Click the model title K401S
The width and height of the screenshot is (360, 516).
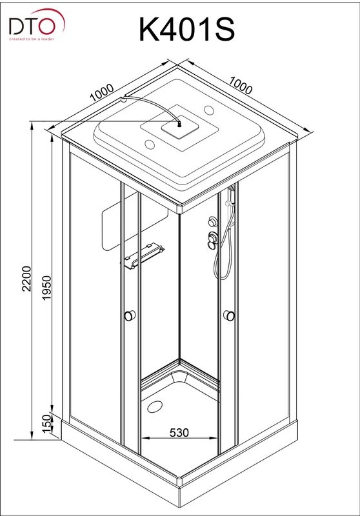coord(186,30)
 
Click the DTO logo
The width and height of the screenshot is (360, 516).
coord(37,25)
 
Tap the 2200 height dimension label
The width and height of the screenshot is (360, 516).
coord(26,279)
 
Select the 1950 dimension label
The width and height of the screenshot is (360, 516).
coord(46,287)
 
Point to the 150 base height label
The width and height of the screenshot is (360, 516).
coord(47,424)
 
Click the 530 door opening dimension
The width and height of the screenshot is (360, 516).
coord(179,432)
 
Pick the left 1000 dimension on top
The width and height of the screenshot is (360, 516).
coord(102,92)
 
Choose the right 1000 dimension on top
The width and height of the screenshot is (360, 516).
coord(241,85)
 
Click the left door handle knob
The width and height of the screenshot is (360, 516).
coord(130,315)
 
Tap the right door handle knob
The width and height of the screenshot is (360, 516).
coord(228,315)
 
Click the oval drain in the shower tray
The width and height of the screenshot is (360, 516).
coord(154,407)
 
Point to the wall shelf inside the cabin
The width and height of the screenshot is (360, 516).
coord(144,255)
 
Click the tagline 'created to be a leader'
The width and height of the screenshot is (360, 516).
coord(32,39)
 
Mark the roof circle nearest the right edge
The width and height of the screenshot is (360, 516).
coord(209,109)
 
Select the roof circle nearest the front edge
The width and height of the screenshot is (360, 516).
coord(150,144)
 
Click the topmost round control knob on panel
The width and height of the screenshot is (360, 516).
coord(212,221)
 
